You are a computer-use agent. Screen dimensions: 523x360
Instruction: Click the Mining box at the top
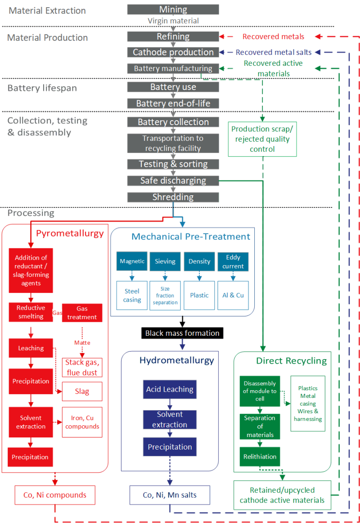pos(173,9)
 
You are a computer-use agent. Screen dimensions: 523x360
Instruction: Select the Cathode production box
pos(173,52)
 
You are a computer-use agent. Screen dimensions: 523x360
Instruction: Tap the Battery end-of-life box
pos(173,104)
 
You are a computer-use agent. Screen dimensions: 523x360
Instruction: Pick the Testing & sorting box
pos(173,164)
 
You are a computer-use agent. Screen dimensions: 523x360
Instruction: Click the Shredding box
pos(173,197)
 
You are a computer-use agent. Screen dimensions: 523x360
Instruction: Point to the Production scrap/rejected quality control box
pos(262,139)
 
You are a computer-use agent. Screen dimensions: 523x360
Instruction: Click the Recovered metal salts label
pos(274,52)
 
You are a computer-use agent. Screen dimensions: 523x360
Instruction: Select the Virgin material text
pos(173,21)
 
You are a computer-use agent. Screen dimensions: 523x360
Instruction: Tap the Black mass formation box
pos(182,334)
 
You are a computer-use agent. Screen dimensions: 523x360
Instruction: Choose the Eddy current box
pos(233,261)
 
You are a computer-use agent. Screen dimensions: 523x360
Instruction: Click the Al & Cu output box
pos(233,295)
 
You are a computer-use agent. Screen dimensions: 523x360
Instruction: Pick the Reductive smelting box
pos(31,312)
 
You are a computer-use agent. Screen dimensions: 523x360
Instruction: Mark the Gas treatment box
pos(82,313)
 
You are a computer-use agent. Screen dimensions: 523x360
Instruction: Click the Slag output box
pos(82,392)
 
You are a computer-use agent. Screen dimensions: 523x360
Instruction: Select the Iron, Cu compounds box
pos(82,422)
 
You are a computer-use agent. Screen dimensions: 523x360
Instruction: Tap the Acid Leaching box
pos(170,389)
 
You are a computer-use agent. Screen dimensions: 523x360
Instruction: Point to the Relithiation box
pos(260,456)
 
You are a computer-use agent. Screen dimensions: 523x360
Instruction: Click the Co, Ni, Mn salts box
pos(170,495)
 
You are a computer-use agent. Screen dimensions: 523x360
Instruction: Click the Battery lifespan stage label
pos(42,88)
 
